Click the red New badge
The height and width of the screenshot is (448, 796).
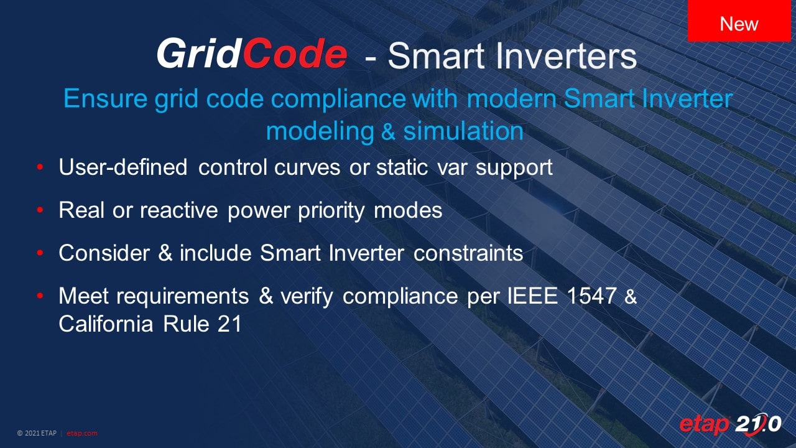[x=739, y=21]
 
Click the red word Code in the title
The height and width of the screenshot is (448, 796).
[x=295, y=54]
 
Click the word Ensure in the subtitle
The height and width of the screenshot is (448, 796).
[x=105, y=98]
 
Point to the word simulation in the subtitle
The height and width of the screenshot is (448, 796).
[x=463, y=131]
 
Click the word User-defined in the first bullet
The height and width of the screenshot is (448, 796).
[x=123, y=167]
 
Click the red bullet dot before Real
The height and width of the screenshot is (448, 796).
[x=40, y=210]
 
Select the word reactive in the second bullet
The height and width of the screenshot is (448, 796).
[x=178, y=210]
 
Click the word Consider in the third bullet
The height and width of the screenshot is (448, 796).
[x=104, y=253]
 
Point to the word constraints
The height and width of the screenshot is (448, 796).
[x=468, y=253]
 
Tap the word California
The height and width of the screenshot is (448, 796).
[x=106, y=324]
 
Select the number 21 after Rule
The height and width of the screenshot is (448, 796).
[x=229, y=324]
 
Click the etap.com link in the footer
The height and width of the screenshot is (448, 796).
[x=81, y=433]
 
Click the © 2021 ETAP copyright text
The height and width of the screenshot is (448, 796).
[x=37, y=433]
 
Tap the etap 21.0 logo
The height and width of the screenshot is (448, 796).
[x=730, y=424]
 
